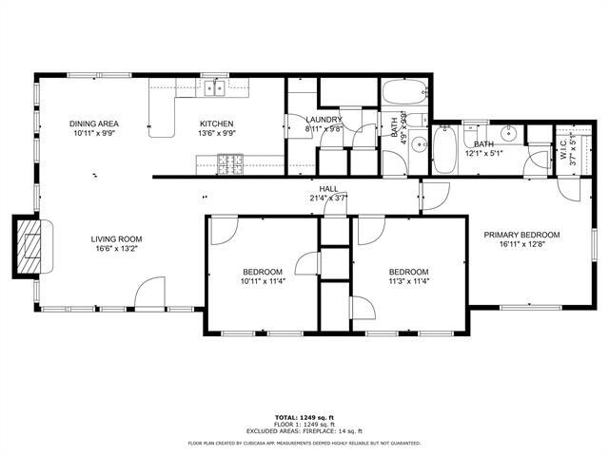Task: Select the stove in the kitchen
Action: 229,166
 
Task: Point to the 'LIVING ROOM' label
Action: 116,239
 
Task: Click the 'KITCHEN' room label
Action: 216,124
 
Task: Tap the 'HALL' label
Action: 328,189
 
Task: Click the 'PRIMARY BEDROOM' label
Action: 521,235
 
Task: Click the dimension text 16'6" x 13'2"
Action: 116,250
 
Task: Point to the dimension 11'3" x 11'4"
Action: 408,280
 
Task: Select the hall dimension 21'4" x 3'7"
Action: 328,198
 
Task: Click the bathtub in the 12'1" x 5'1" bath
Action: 444,151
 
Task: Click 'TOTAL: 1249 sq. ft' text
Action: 304,417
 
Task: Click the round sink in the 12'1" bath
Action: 509,133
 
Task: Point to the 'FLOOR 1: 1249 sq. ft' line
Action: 304,424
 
